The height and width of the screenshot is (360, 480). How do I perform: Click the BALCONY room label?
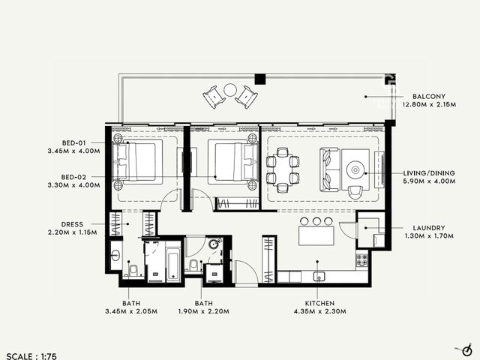click(428, 97)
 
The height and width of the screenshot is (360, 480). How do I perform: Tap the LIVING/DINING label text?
click(428, 173)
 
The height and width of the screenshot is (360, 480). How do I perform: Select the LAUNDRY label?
click(428, 228)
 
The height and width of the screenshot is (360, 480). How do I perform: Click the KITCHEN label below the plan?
click(319, 303)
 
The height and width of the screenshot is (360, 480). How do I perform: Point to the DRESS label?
click(72, 224)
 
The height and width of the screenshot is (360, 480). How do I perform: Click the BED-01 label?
click(73, 143)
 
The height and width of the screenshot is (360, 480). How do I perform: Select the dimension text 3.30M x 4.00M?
click(73, 185)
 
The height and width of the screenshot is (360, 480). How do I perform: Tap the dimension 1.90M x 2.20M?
click(203, 311)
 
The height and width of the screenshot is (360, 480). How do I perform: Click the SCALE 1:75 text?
click(31, 356)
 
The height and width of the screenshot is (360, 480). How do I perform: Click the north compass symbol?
click(466, 350)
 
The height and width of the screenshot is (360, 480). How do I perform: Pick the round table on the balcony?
click(229, 90)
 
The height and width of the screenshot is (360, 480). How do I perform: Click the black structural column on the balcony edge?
click(260, 79)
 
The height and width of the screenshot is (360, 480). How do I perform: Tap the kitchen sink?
click(319, 277)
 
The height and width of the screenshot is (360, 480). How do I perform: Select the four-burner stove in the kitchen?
click(361, 260)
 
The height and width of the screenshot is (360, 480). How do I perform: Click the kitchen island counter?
click(316, 235)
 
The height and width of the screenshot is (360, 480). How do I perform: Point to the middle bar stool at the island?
click(316, 221)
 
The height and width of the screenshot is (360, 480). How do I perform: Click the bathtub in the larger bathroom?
click(173, 264)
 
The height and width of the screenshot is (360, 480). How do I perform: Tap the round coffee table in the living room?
click(355, 169)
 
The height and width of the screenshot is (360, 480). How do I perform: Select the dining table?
click(282, 170)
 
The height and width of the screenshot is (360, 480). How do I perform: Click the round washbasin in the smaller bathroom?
click(213, 244)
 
